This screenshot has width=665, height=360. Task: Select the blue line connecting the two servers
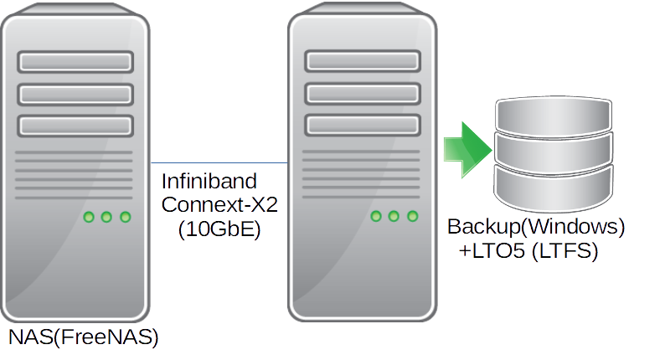point(219,162)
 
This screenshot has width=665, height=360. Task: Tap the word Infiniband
point(209,181)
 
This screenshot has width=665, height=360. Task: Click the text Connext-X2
point(219,205)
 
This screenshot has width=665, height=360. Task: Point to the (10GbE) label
point(219,229)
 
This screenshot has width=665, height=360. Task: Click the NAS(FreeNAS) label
point(83,337)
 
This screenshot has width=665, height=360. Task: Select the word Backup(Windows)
point(536,226)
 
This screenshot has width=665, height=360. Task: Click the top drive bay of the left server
point(75,62)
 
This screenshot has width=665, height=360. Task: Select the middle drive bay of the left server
point(75,94)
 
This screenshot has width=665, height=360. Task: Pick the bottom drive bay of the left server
point(75,126)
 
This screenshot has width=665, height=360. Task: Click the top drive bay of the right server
point(363,61)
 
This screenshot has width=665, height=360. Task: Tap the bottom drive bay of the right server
point(363,125)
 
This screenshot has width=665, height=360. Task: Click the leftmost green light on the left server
point(89,217)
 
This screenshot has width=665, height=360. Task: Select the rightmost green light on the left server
point(126,217)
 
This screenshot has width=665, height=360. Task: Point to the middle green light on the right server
point(394,216)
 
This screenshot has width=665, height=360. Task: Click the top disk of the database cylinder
point(554,115)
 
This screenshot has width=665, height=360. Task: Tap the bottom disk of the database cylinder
point(554,188)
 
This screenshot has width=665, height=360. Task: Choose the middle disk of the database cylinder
point(554,152)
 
